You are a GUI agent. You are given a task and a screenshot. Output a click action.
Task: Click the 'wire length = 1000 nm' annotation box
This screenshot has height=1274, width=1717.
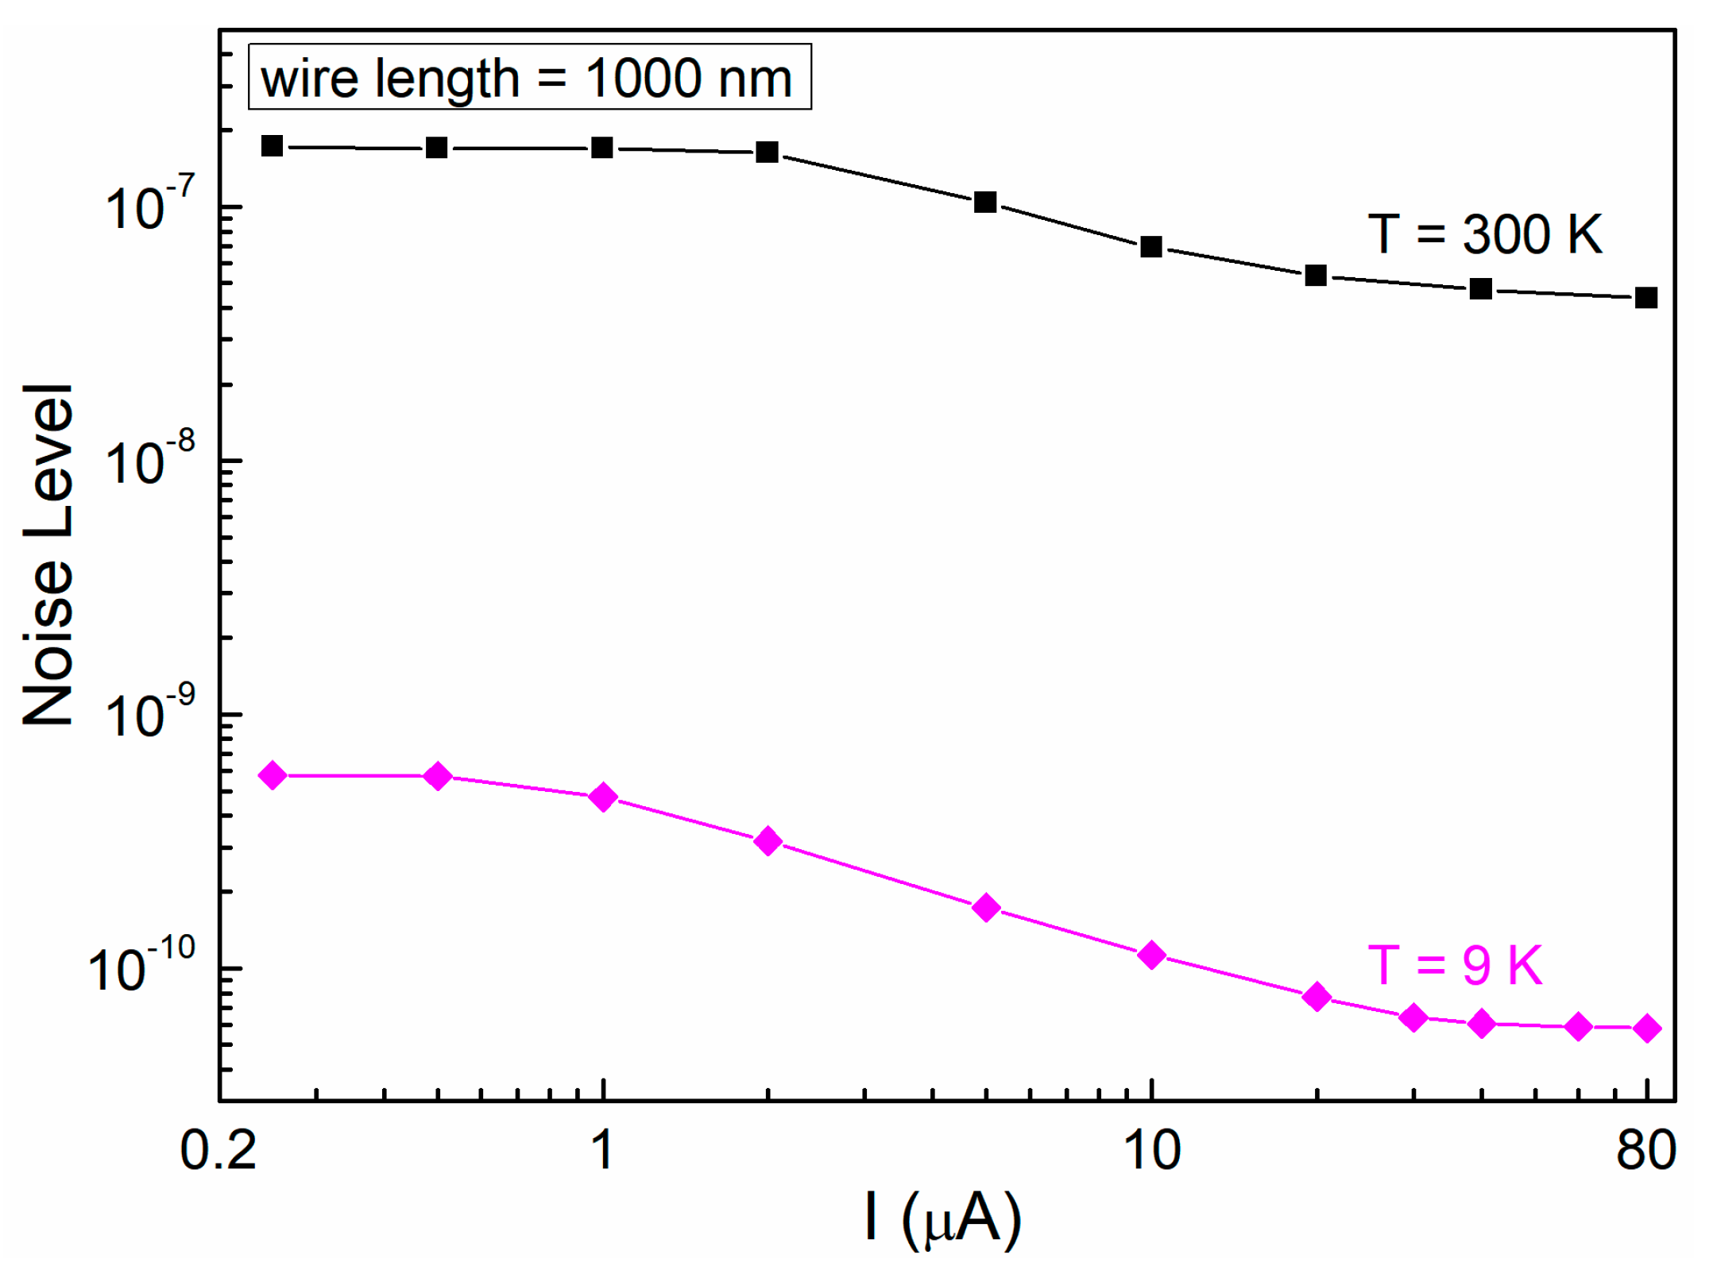point(529,77)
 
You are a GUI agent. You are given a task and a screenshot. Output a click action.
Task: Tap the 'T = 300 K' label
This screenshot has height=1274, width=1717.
point(1484,234)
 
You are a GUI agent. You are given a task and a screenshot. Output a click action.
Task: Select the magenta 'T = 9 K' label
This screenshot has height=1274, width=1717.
point(1454,965)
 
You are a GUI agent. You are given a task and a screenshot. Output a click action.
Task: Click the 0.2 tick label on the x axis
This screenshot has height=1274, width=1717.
point(218,1149)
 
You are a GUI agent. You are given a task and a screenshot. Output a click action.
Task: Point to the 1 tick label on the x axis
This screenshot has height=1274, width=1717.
point(603,1149)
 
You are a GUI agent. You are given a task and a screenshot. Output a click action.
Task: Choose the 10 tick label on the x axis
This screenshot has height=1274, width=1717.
point(1152,1149)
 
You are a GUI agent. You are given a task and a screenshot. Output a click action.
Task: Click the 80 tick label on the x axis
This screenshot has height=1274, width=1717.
point(1646,1149)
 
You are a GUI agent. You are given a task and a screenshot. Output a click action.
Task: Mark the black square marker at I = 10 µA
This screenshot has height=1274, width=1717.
point(1151,247)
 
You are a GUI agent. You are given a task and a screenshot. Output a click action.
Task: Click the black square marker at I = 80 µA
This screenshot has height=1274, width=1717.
point(1646,298)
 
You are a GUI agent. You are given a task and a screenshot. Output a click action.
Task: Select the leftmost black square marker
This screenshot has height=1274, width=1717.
point(273,146)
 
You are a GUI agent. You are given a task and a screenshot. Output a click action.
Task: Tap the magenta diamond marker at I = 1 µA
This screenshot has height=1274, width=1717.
point(604,797)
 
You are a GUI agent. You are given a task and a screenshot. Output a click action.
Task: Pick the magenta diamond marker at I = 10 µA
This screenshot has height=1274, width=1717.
point(1151,955)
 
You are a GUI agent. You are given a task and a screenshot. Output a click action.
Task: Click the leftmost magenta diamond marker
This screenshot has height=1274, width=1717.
point(273,775)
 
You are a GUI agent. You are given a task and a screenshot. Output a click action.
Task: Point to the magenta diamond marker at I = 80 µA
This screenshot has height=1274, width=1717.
point(1647,1029)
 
